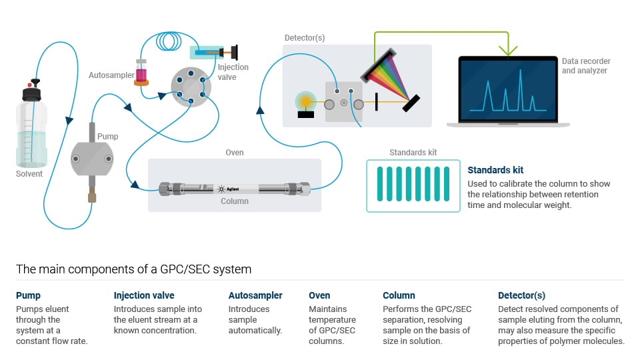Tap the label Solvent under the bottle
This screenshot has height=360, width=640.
click(29, 174)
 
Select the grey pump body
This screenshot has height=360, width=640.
click(92, 159)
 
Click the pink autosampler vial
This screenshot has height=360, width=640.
click(141, 73)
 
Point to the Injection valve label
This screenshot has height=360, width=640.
click(233, 72)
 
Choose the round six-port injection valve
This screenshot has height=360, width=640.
click(190, 87)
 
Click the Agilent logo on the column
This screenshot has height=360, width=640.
click(227, 189)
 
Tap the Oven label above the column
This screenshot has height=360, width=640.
click(235, 153)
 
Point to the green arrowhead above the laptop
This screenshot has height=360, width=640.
click(508, 50)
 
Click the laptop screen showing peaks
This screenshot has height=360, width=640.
click(507, 90)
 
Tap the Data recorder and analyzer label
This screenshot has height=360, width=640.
click(585, 66)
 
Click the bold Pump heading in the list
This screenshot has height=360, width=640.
click(28, 295)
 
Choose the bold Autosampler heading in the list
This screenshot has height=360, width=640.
click(255, 295)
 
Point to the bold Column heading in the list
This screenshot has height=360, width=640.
click(399, 295)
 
